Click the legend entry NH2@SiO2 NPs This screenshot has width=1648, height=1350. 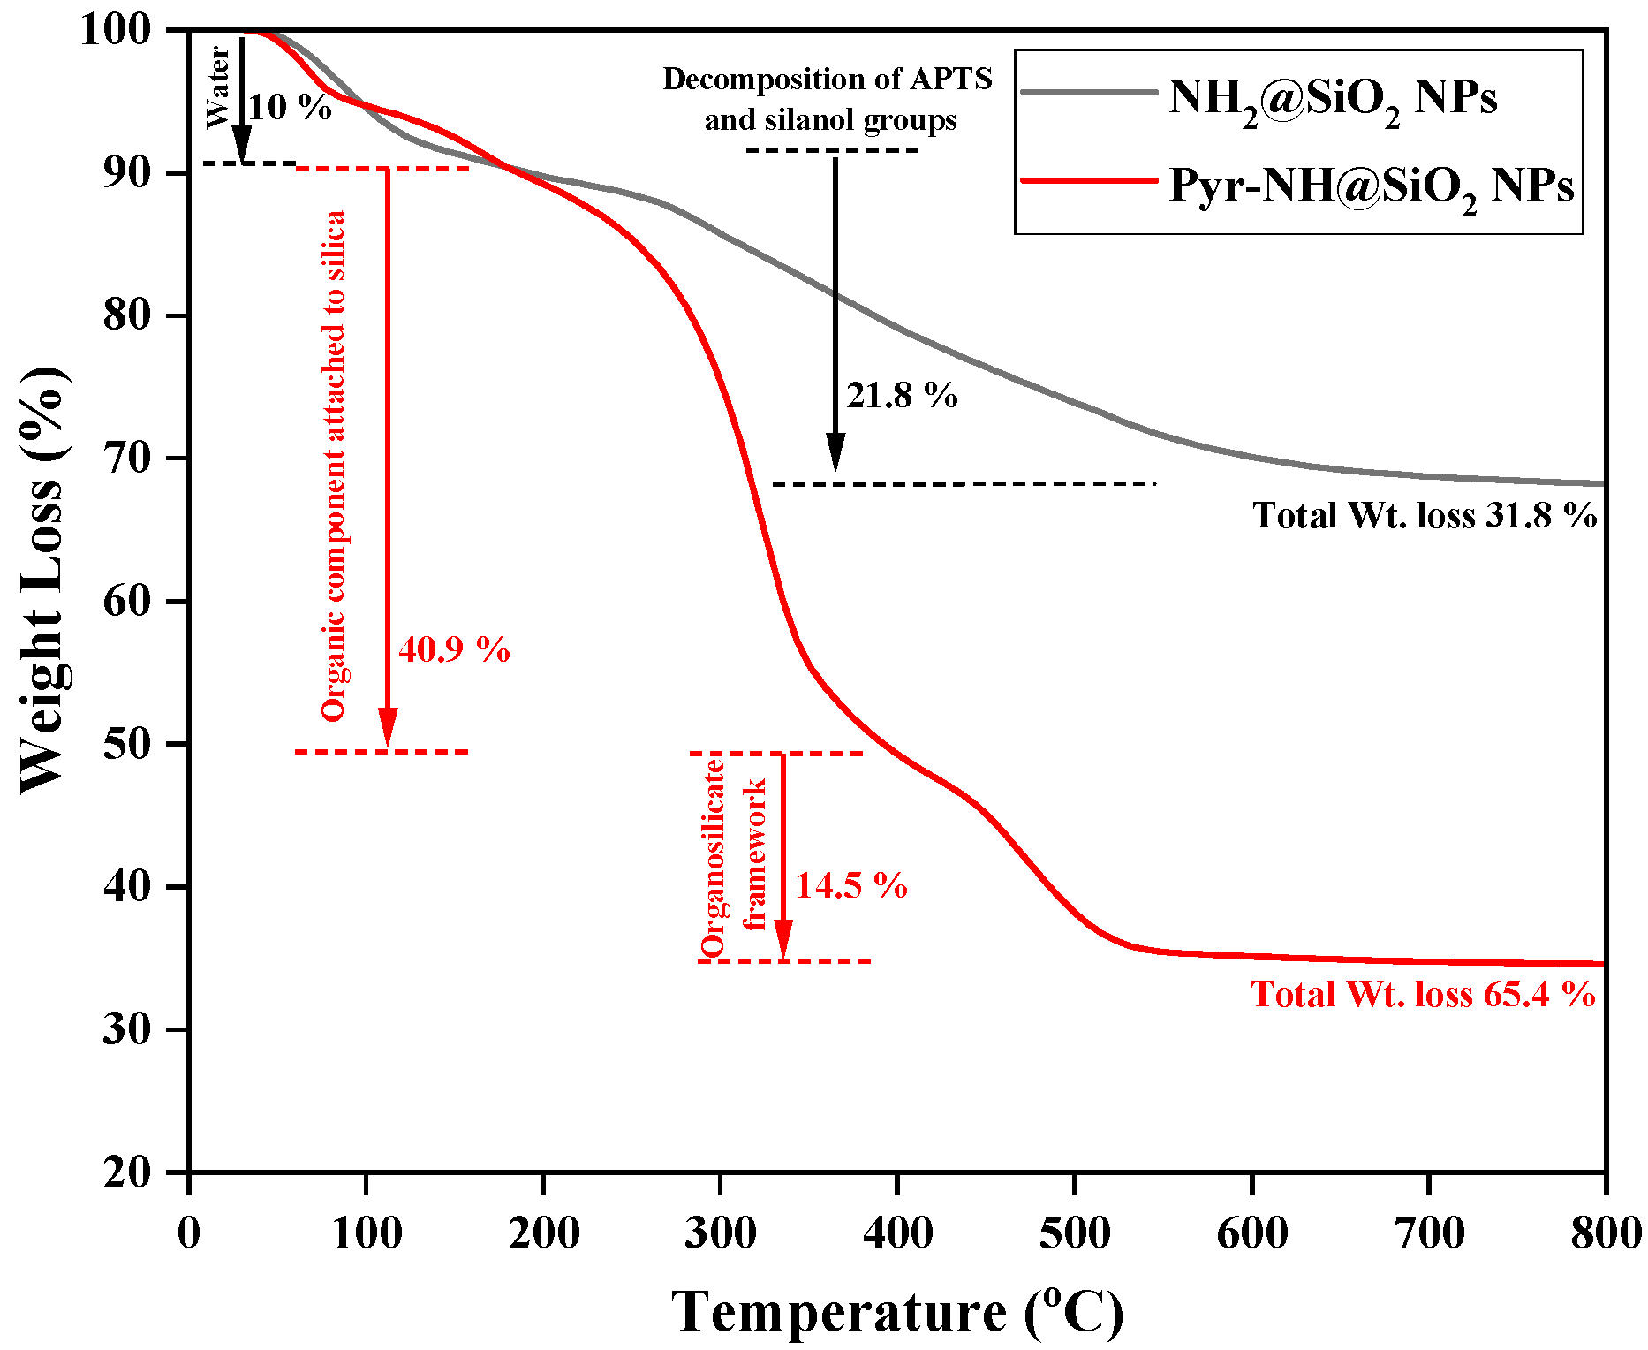1332,98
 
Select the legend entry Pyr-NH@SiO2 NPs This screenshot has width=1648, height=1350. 1371,186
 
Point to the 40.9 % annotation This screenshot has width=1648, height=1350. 454,650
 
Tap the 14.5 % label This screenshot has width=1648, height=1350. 851,886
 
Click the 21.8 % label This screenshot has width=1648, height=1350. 902,396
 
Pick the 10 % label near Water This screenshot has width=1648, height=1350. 290,108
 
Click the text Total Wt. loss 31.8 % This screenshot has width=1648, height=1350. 1424,516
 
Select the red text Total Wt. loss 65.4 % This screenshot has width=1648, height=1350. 1423,995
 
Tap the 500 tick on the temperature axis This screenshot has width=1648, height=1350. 1074,1233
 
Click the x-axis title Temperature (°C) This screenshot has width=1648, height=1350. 897,1312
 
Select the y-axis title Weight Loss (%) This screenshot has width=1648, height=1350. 42,580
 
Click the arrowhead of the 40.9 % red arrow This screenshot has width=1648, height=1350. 387,730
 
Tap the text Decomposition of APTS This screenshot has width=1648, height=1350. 828,80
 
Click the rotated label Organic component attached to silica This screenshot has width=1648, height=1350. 334,466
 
